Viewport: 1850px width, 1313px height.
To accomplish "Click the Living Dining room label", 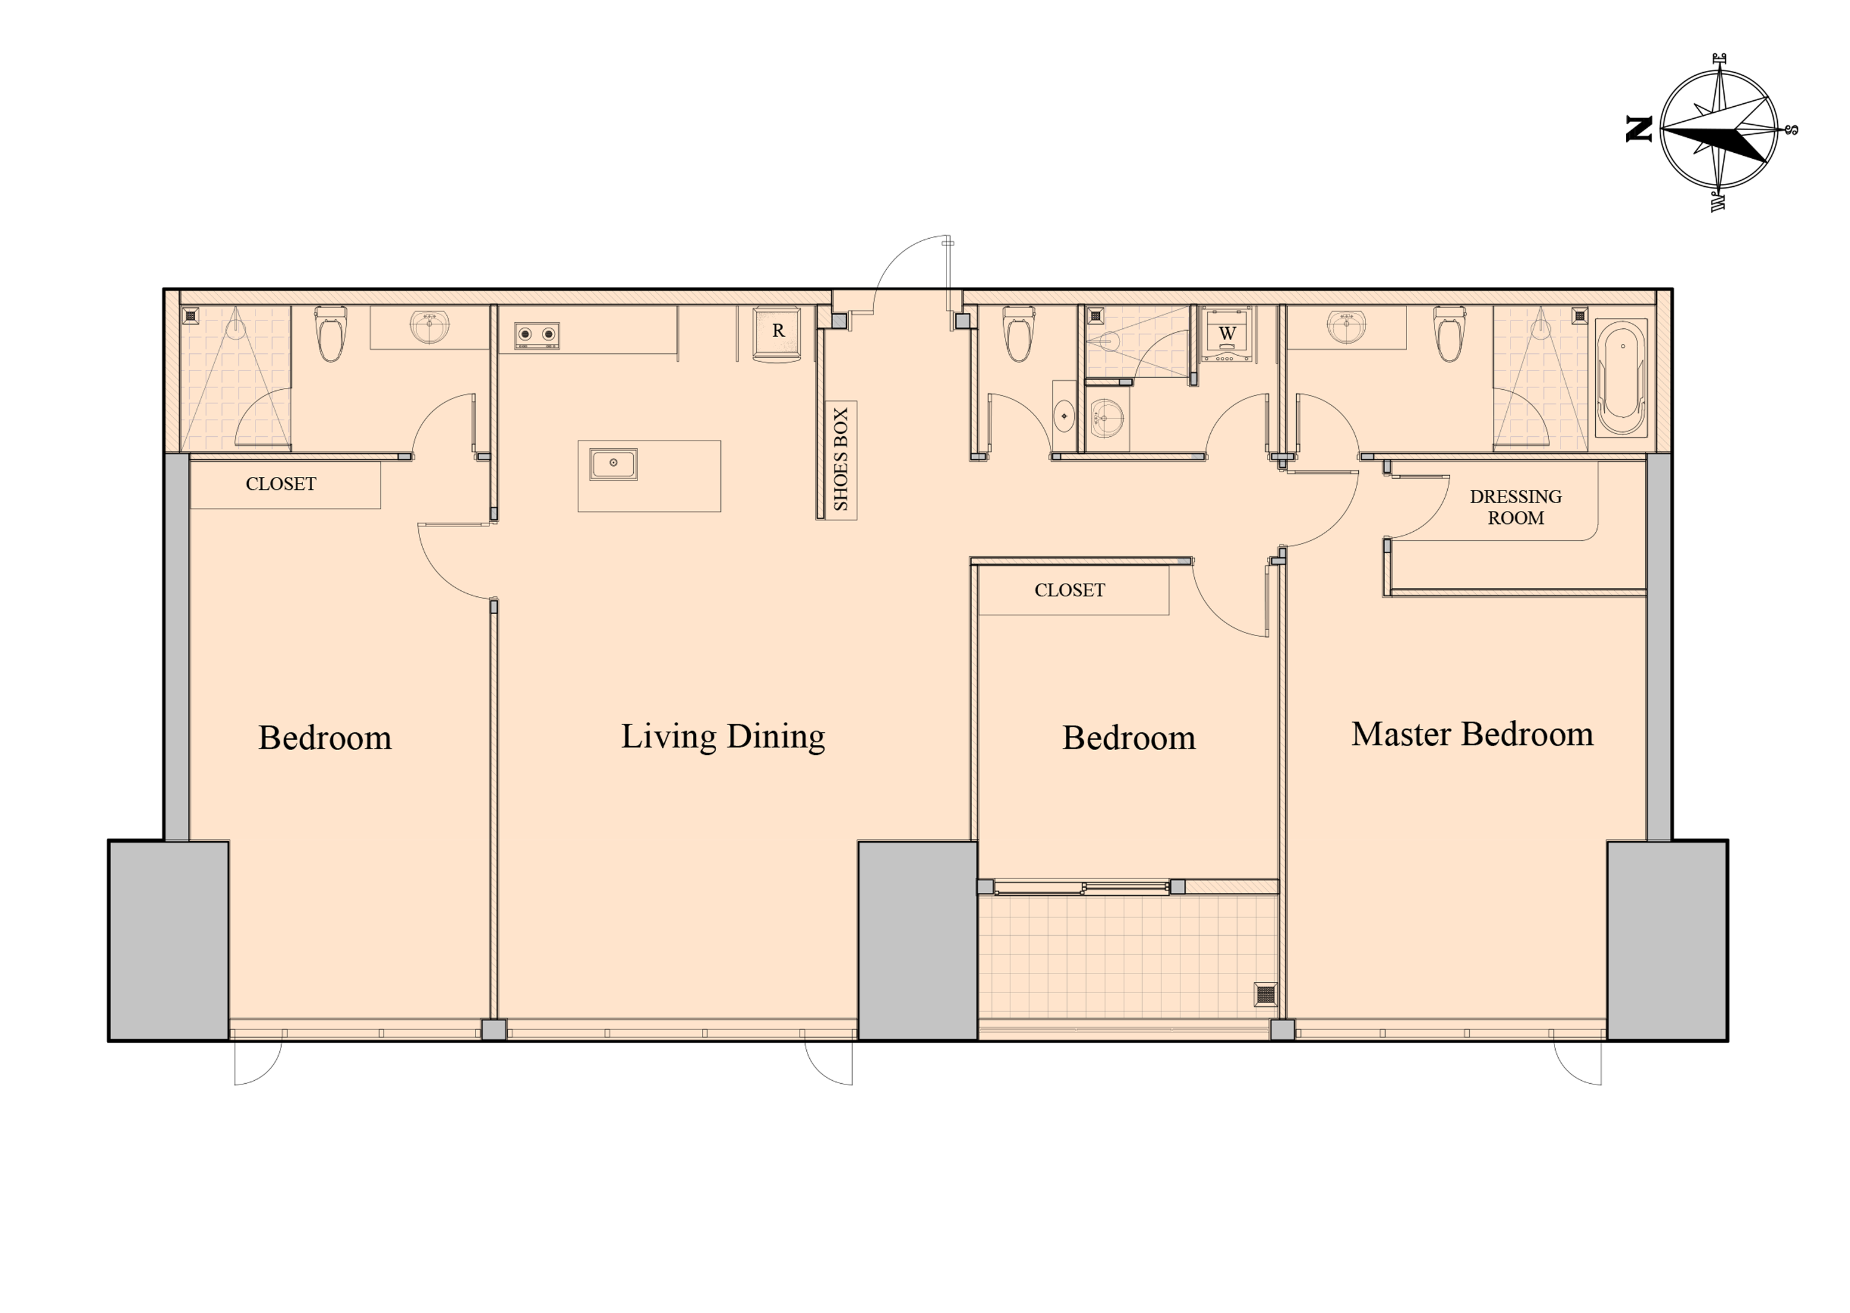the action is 723,736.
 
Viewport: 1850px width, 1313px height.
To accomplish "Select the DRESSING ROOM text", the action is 1515,507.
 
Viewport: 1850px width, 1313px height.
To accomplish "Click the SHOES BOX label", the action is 840,459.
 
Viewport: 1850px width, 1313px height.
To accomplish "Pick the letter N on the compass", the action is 1639,130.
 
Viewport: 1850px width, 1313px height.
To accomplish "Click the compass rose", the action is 1718,131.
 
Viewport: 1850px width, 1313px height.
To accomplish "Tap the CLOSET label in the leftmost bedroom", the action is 280,483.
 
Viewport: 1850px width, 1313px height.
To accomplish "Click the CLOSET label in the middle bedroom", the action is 1069,590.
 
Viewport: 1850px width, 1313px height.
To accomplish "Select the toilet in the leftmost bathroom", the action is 331,333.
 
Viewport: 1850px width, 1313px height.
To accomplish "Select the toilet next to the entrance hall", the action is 1017,333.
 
